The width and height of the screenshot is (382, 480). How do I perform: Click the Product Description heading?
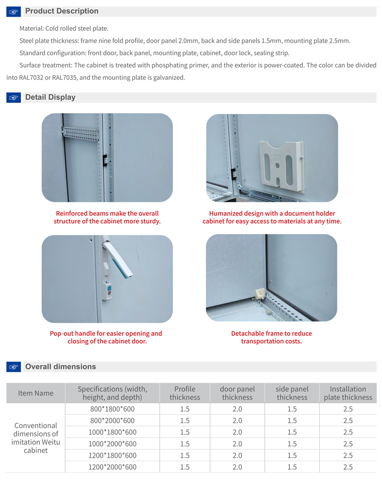(62, 11)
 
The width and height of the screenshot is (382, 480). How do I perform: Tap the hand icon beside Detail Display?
(13, 98)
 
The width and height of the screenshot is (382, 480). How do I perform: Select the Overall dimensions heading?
(60, 367)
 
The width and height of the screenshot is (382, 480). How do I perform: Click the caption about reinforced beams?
(107, 217)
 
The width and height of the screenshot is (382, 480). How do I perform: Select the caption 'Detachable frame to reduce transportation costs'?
(271, 337)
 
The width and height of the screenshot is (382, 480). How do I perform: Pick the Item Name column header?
(36, 393)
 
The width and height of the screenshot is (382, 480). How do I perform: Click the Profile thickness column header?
(185, 393)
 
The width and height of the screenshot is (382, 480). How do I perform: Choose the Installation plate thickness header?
(348, 393)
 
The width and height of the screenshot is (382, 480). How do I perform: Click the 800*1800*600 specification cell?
(112, 409)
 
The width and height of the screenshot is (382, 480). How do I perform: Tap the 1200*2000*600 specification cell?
(112, 467)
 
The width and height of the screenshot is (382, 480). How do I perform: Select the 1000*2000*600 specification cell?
(112, 444)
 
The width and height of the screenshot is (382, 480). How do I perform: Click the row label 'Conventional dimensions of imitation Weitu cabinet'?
(36, 438)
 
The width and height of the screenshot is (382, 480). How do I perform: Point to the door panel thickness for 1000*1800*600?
(237, 432)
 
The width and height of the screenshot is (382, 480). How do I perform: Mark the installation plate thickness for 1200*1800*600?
(348, 456)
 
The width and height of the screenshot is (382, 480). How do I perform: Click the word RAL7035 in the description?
(65, 78)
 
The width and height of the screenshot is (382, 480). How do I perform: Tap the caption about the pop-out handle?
(106, 337)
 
